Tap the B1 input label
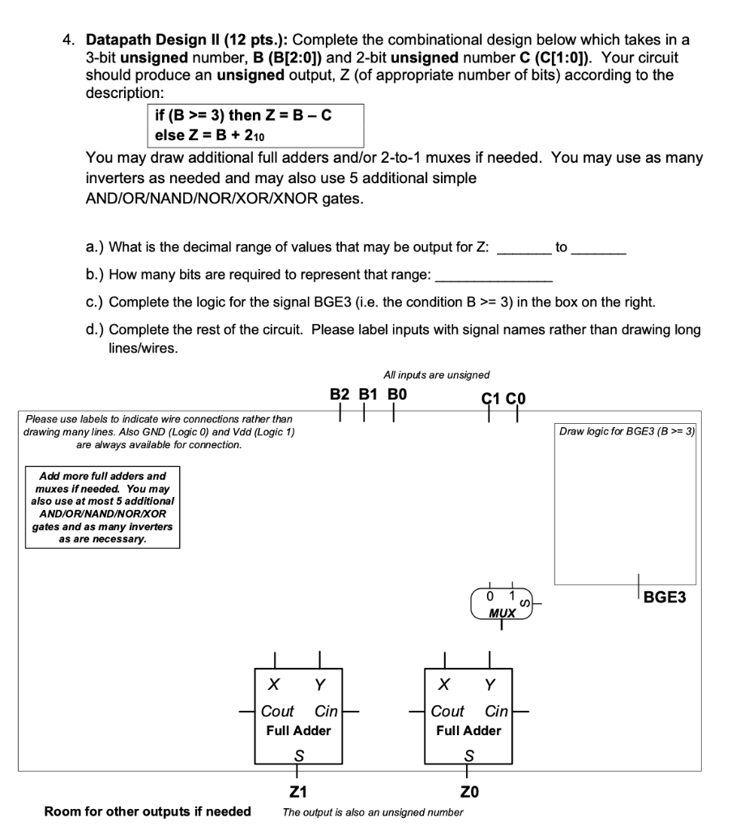(368, 395)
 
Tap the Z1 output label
(298, 791)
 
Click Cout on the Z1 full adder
(277, 711)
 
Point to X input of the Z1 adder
(276, 685)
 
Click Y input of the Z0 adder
(489, 685)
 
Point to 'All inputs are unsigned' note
(436, 374)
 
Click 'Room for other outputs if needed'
(148, 811)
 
